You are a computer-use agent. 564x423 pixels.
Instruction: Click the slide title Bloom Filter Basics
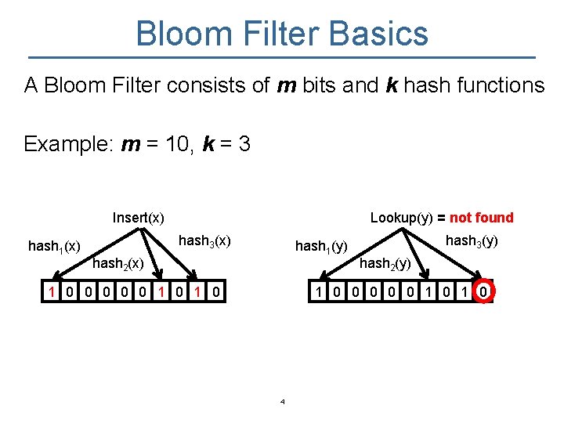(x=282, y=34)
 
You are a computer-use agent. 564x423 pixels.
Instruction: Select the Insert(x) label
(x=139, y=218)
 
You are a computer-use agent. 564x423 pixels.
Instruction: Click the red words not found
(x=481, y=218)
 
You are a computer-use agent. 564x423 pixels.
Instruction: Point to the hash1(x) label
(x=54, y=247)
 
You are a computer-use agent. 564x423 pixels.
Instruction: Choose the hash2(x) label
(x=117, y=264)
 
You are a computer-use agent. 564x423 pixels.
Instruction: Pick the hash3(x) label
(x=204, y=240)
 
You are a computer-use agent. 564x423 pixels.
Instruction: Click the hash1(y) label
(x=321, y=248)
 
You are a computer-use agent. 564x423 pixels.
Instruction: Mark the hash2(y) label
(x=385, y=264)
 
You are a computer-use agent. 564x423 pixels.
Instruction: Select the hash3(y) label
(x=472, y=241)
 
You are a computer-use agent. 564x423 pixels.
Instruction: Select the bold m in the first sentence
(x=287, y=85)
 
